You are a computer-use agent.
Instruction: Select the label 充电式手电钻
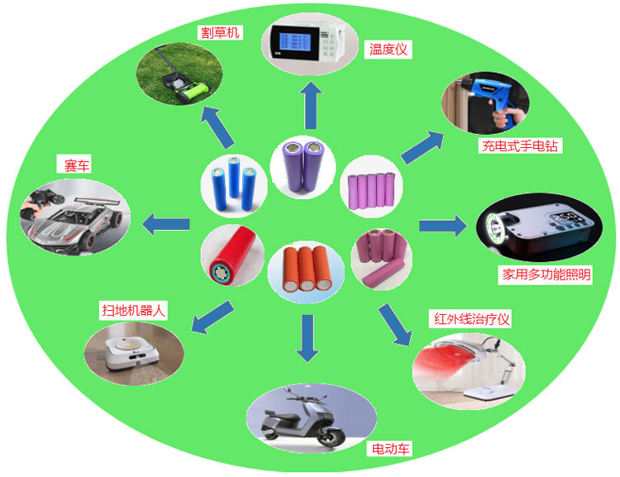click(x=521, y=146)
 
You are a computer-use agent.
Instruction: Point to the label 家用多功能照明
click(x=546, y=274)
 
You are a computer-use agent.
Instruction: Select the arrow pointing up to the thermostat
click(x=312, y=105)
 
